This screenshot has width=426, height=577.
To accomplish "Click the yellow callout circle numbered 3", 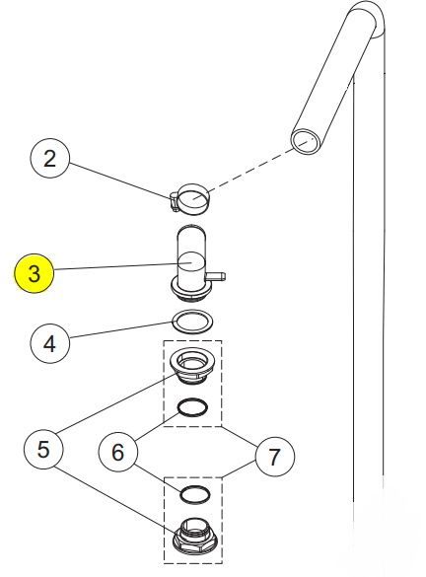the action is click(x=34, y=273).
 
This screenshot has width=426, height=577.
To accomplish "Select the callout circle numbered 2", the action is click(x=49, y=158).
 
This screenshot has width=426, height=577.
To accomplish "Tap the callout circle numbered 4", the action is click(x=49, y=343).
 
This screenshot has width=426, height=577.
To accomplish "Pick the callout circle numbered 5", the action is click(x=43, y=449).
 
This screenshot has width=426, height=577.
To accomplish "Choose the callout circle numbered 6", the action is click(x=117, y=452).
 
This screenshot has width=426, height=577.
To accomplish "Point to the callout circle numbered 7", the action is click(x=274, y=457).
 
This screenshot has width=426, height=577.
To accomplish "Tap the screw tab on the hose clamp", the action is click(x=175, y=202).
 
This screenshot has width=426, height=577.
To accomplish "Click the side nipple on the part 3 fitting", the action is click(x=216, y=276).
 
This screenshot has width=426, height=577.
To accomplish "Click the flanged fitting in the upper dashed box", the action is click(x=192, y=367).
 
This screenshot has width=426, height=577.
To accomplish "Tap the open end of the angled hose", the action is click(x=306, y=141).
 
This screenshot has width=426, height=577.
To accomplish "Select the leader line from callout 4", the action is click(x=121, y=329).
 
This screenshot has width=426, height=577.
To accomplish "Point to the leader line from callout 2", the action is click(x=120, y=180).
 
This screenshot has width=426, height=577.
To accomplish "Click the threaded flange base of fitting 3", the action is click(x=192, y=290).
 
